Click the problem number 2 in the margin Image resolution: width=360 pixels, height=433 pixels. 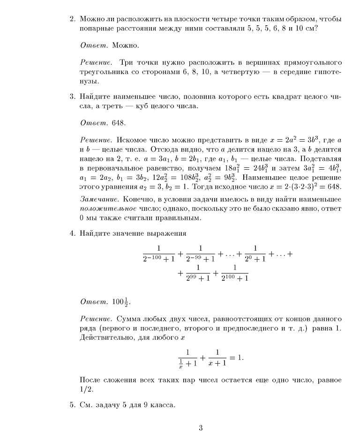coord(72,19)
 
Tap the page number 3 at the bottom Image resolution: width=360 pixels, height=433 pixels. coord(201,427)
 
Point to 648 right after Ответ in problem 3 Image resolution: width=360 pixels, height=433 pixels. coord(119,123)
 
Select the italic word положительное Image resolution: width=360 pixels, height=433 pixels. coord(108,209)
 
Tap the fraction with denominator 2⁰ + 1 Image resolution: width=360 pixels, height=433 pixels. coord(255,253)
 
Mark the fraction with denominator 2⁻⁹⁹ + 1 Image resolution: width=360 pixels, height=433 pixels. coord(200,253)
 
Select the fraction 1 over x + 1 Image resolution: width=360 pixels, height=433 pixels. coord(218,358)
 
